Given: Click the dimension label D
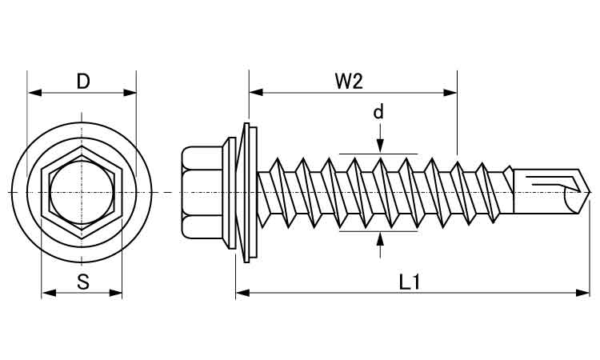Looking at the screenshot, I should click(x=82, y=81).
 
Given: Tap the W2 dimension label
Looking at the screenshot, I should click(x=349, y=81).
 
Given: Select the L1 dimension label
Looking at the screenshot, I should click(x=409, y=281).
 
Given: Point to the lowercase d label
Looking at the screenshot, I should click(x=378, y=112).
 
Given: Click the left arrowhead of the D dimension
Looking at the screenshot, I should click(x=33, y=93).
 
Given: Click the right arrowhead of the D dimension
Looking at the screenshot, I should click(x=130, y=93).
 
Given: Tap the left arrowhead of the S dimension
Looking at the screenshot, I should click(x=47, y=294).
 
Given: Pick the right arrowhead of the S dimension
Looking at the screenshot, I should click(x=117, y=294).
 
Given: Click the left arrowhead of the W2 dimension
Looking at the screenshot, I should click(x=254, y=93).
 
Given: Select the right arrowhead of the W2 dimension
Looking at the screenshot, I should click(x=451, y=93).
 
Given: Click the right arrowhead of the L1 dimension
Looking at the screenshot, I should click(x=585, y=294).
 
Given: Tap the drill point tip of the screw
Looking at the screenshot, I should click(x=590, y=193).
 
